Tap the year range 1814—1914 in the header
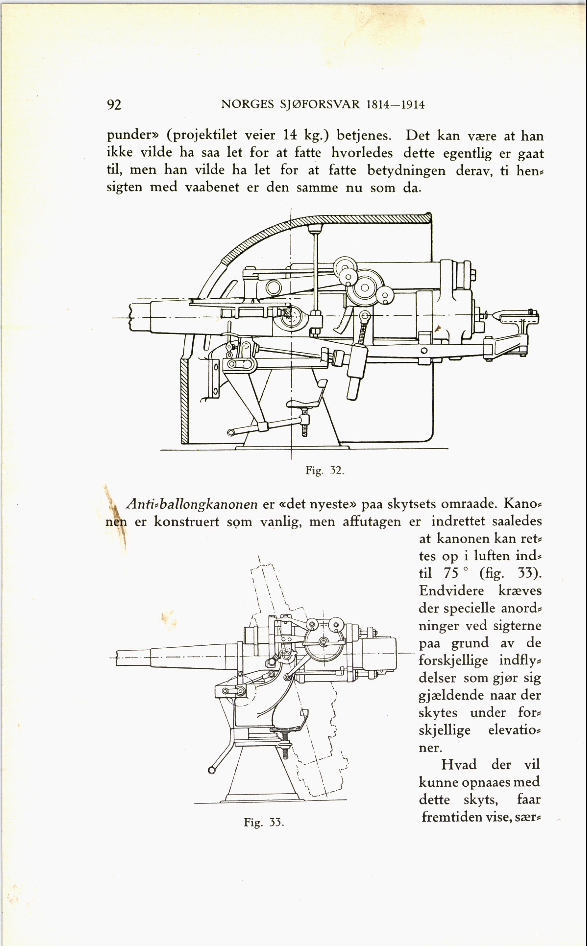395,105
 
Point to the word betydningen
406,170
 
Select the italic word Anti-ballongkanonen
192,504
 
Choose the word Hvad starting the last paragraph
458,764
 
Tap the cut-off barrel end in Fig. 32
132,318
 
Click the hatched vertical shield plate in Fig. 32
184,401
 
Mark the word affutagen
372,521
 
